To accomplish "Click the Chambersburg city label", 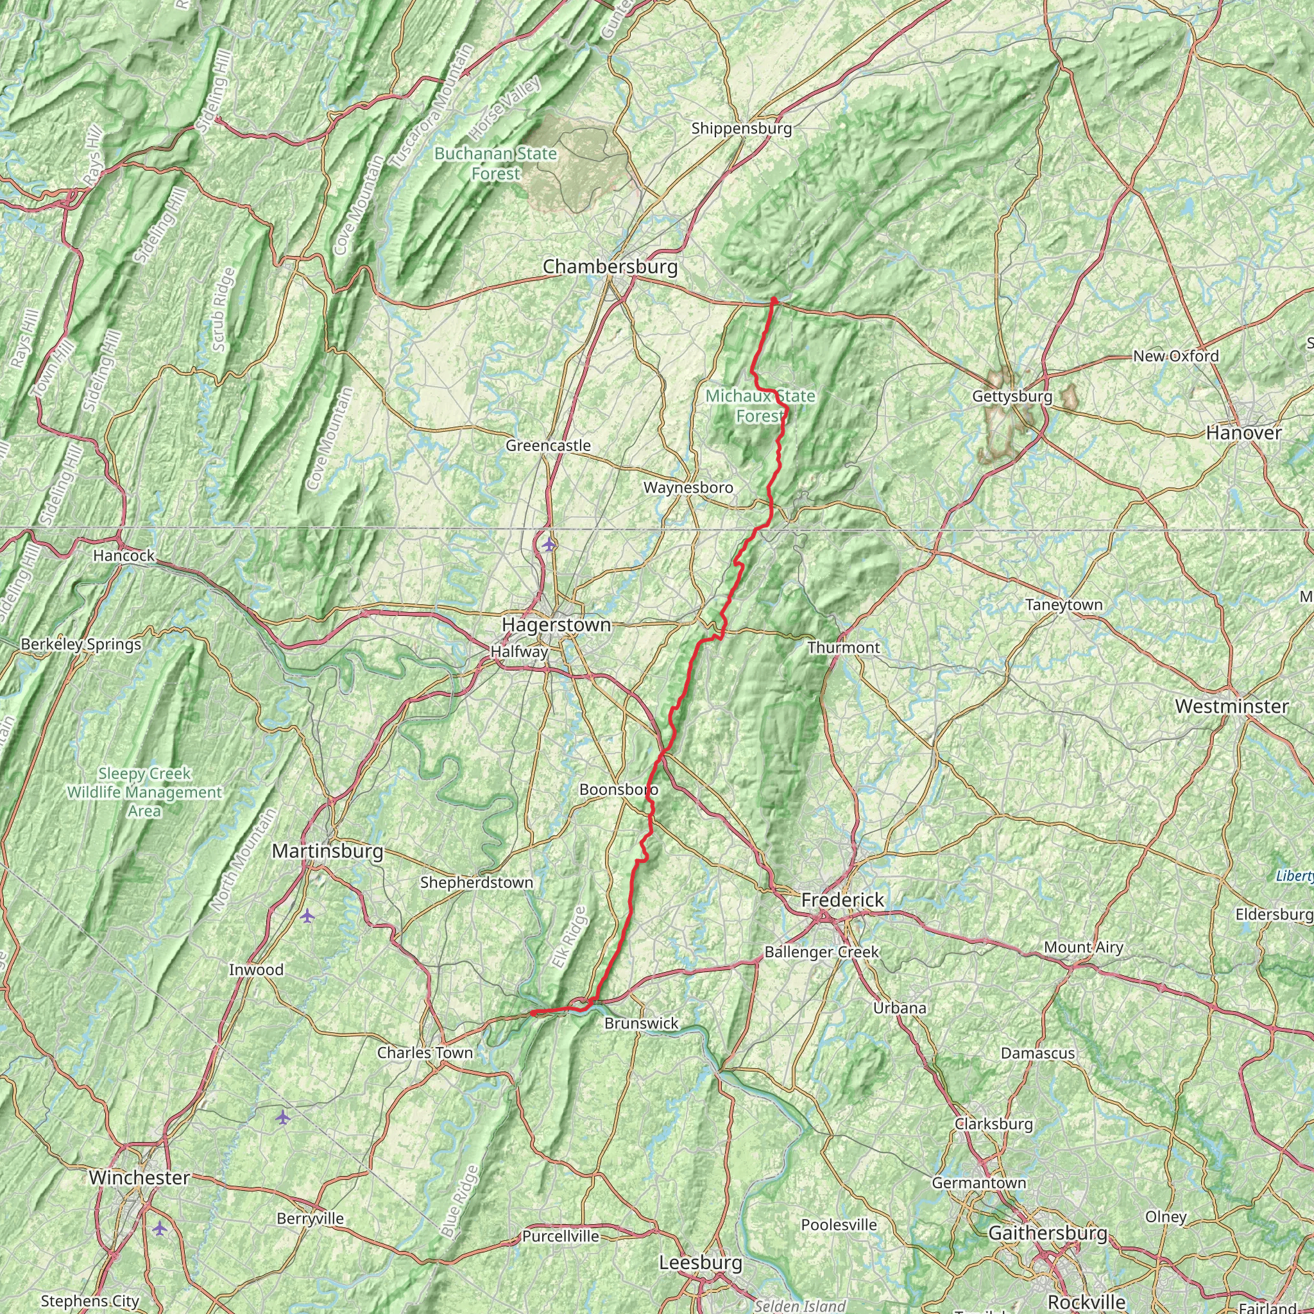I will (x=610, y=267).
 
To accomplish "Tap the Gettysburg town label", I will (x=1012, y=396).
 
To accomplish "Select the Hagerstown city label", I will (x=556, y=624).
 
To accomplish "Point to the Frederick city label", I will (x=842, y=900).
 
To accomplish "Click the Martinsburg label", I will (x=327, y=851).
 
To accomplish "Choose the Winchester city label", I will (x=139, y=1177).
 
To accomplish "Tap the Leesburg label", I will (x=701, y=1262).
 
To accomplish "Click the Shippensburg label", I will (x=741, y=128).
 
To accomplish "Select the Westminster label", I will (x=1232, y=706).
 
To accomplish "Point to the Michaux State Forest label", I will (x=760, y=405).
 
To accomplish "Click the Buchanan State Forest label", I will (x=495, y=164).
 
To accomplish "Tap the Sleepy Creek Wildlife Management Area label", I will (x=144, y=792).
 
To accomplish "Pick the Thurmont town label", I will (x=843, y=647).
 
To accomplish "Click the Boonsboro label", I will (x=619, y=790).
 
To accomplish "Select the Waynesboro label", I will (x=688, y=488).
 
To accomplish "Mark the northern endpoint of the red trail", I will (x=774, y=300).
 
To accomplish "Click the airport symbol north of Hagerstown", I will (x=549, y=544).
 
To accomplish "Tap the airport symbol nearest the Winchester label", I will (x=159, y=1228).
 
